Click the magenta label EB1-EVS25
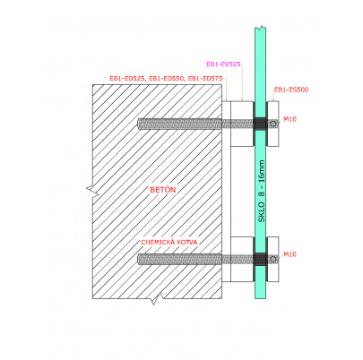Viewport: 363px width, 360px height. pos(223,64)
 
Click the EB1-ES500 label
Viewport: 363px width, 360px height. pos(291,90)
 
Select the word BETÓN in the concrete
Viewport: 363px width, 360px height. pos(163,190)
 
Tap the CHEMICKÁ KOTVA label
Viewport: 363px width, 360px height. pos(169,242)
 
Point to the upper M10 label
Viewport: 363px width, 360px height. pos(290,119)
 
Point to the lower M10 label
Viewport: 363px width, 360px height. pos(290,254)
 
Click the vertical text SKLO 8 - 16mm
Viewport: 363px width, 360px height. pos(262,191)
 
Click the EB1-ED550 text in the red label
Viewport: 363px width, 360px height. pos(167,79)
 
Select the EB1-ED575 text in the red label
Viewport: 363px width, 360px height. pos(205,79)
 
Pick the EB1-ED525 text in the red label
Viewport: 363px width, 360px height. pos(127,79)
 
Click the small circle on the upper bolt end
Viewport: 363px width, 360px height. pos(273,124)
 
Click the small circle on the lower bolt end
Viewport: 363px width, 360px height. pos(273,259)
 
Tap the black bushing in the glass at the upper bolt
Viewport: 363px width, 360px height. pos(261,124)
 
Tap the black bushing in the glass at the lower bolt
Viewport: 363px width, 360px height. pos(261,259)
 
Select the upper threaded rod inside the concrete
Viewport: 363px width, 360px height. pos(179,124)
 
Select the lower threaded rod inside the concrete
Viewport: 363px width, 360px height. pos(179,259)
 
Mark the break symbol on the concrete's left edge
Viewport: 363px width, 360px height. pos(93,189)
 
